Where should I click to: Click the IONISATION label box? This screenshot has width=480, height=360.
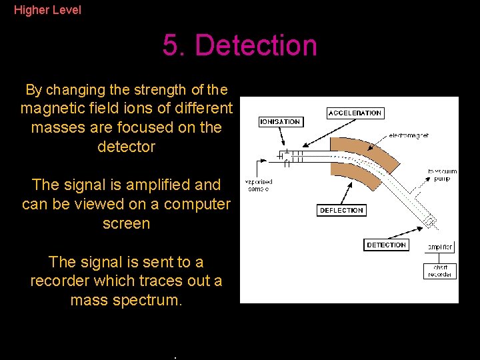click(x=280, y=122)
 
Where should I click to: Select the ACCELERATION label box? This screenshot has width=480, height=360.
click(x=355, y=113)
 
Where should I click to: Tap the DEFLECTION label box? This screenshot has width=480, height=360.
click(x=341, y=211)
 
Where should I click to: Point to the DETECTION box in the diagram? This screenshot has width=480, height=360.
click(x=386, y=245)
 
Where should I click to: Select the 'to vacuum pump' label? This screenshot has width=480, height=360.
click(x=442, y=175)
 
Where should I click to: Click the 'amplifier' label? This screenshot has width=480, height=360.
click(x=440, y=247)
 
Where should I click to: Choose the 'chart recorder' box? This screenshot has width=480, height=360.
click(x=440, y=271)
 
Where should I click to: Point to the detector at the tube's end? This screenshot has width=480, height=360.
click(x=430, y=222)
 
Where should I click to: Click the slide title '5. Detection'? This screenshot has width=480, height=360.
click(x=239, y=45)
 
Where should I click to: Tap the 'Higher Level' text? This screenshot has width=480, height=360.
click(x=47, y=10)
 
